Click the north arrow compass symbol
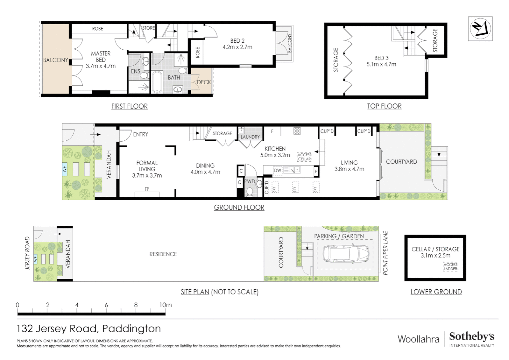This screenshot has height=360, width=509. click(480, 29)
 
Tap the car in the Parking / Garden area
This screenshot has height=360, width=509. click(346, 254)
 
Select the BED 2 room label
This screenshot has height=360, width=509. click(237, 41)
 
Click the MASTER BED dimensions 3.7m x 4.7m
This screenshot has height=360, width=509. click(101, 66)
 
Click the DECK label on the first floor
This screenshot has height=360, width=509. click(204, 82)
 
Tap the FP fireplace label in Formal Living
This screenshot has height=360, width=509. click(147, 189)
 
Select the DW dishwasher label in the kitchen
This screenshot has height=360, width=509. click(277, 170)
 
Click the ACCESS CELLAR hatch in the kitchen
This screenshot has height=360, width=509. click(304, 157)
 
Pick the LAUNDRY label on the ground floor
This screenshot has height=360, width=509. click(250, 137)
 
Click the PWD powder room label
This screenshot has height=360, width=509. click(250, 181)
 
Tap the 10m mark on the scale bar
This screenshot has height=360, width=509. click(165, 305)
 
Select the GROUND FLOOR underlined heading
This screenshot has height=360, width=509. click(239, 207)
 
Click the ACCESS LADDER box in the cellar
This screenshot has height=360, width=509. click(450, 267)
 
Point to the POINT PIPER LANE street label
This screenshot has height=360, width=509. click(385, 253)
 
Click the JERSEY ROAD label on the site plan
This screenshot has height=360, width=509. click(27, 253)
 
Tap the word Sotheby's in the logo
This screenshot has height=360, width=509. click(471, 336)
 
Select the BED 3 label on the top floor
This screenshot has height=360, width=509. click(381, 58)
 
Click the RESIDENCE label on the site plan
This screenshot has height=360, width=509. click(163, 254)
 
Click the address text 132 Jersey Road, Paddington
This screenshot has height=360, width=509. click(89, 329)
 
